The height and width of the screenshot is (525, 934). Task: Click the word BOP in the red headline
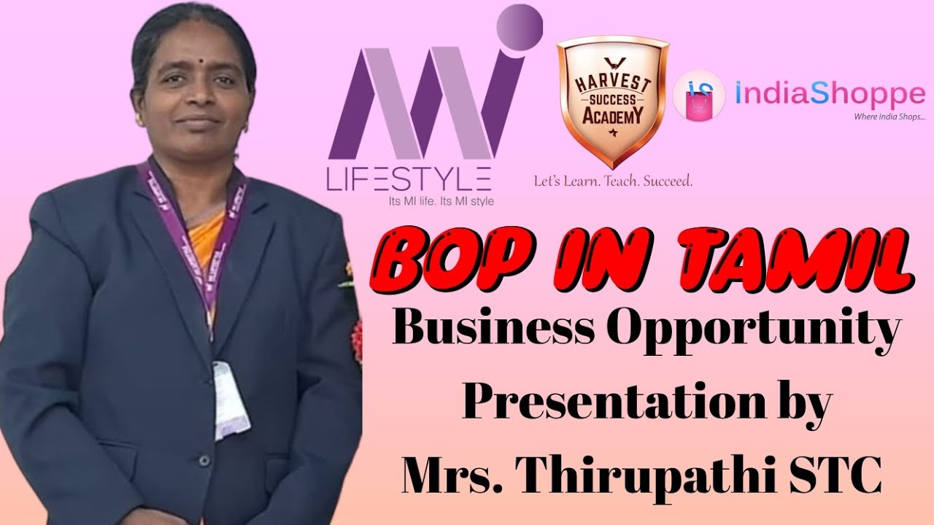pyautogui.click(x=449, y=256)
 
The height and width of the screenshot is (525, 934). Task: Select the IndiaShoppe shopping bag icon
pyautogui.click(x=699, y=95)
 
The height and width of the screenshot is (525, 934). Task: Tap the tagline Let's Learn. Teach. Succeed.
pyautogui.click(x=614, y=182)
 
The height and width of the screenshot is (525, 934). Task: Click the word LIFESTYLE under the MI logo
pyautogui.click(x=409, y=179)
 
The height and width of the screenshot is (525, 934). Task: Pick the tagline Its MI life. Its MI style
pyautogui.click(x=441, y=202)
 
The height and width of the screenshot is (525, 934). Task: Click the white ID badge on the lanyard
pyautogui.click(x=231, y=401)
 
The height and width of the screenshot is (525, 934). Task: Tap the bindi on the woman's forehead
pyautogui.click(x=200, y=59)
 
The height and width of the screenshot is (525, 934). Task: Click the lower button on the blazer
pyautogui.click(x=204, y=460)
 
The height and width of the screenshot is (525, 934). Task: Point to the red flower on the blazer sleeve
pyautogui.click(x=357, y=336)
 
